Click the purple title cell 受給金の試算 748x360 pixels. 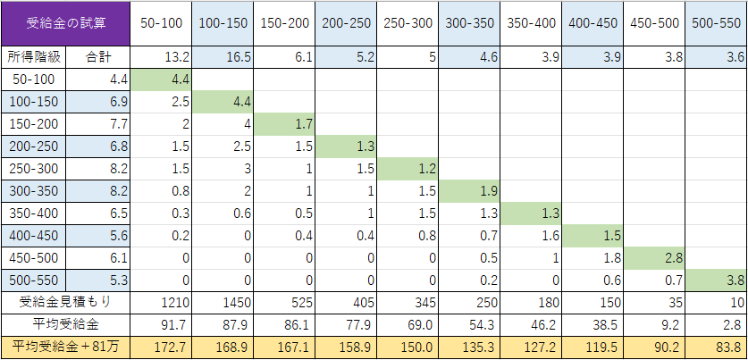65,21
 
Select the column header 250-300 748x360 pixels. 407,21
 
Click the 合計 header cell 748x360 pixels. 99,57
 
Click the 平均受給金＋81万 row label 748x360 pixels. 65,345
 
